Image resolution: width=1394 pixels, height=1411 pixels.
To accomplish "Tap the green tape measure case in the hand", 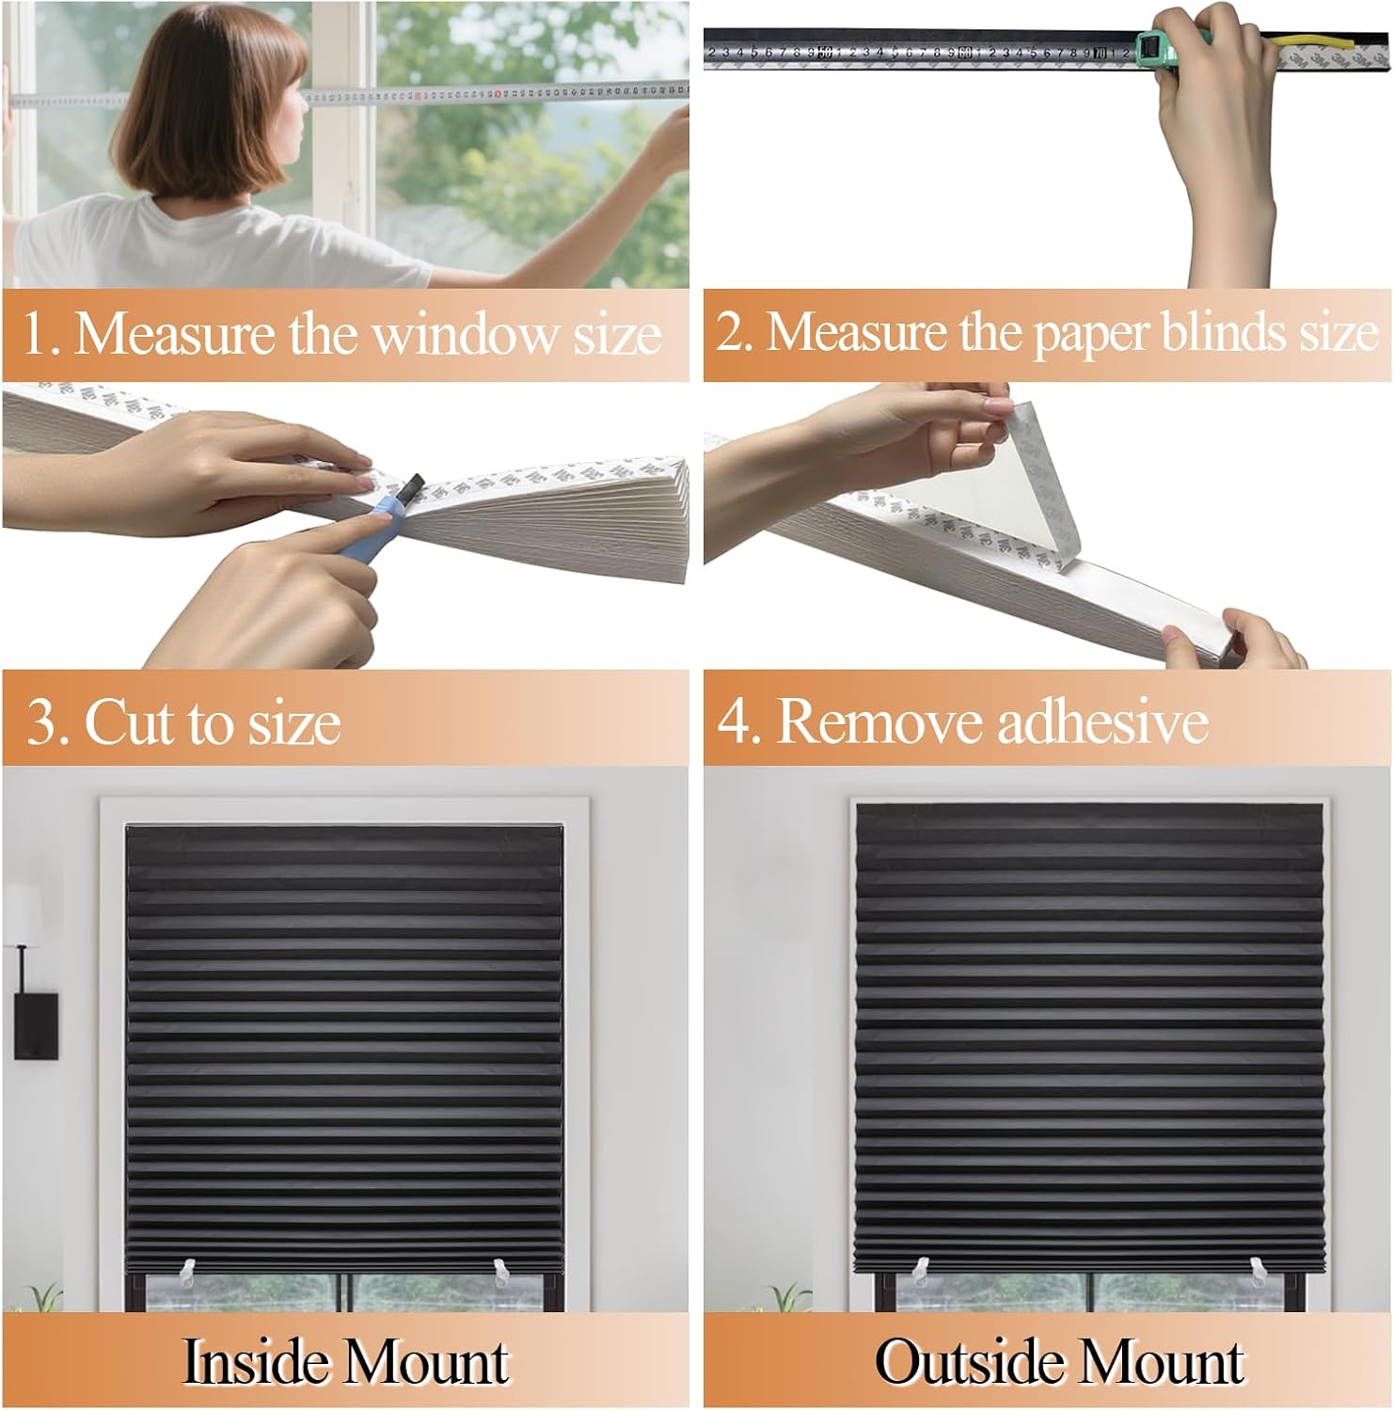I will (1159, 52).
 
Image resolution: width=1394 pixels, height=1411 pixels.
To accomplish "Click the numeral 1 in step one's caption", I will (35, 336).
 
